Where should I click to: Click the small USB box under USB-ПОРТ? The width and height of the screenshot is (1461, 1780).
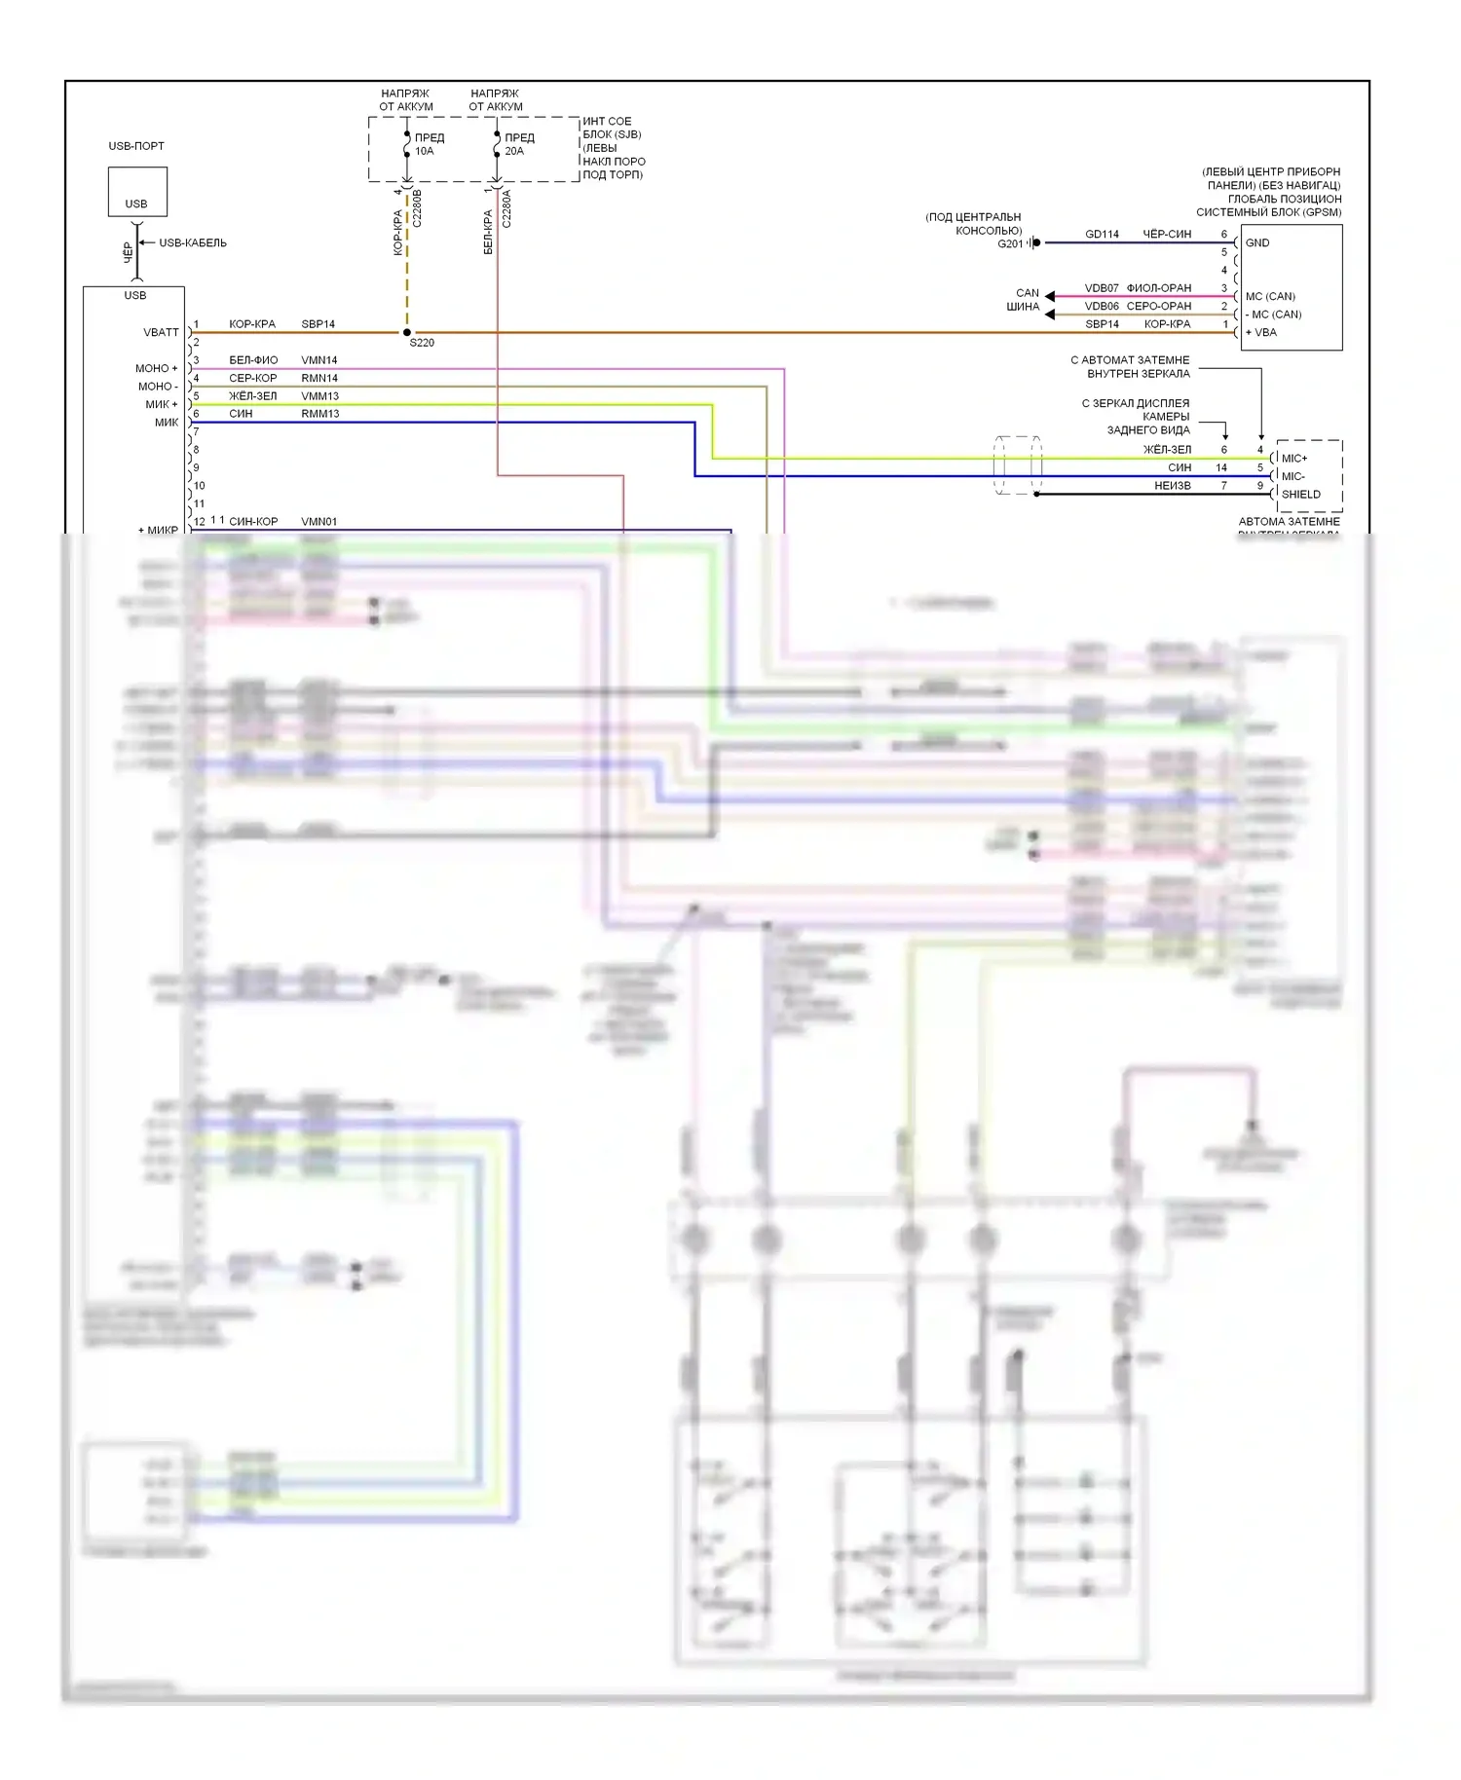[x=136, y=192]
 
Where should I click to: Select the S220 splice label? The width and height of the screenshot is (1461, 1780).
[x=422, y=343]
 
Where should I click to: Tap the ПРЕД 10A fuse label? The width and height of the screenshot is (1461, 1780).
[x=429, y=144]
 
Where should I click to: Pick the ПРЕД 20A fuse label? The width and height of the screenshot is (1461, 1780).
[x=518, y=144]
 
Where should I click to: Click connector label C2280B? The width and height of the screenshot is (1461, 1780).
[x=417, y=208]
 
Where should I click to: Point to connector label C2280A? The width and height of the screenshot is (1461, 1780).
[x=506, y=208]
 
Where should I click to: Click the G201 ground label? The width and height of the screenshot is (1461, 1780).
[x=1010, y=244]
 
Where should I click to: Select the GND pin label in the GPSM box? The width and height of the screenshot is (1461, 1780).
[x=1257, y=243]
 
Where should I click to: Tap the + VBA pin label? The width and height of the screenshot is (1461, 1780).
[x=1261, y=333]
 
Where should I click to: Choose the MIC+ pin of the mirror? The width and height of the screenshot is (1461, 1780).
[x=1294, y=459]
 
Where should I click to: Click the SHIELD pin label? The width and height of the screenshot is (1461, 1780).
[x=1300, y=495]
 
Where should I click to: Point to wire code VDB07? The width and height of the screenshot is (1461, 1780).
[x=1102, y=288]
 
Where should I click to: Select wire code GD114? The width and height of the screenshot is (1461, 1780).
[x=1102, y=235]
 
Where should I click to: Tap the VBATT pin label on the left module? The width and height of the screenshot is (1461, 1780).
[x=162, y=333]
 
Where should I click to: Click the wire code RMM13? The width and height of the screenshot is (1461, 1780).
[x=319, y=414]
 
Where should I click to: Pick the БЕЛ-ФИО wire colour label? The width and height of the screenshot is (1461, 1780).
[x=253, y=360]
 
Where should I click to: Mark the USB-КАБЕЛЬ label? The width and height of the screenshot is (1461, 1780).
[x=193, y=243]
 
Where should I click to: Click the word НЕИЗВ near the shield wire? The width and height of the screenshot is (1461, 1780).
[x=1173, y=486]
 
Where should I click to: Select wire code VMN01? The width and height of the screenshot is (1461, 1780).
[x=318, y=522]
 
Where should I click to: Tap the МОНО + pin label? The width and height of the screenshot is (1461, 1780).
[x=157, y=369]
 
